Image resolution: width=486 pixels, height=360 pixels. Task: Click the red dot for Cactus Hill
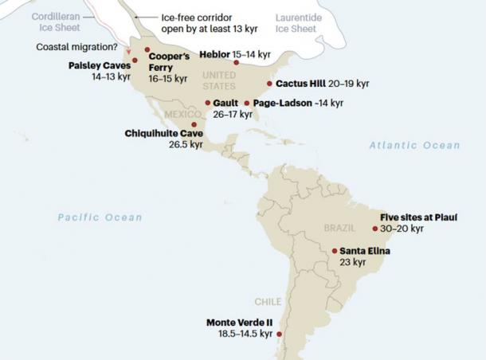click(269, 83)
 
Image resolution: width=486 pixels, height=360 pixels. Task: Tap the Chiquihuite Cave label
click(164, 133)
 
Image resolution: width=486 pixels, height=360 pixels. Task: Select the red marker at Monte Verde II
click(279, 335)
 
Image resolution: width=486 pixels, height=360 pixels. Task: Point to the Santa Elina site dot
click(334, 251)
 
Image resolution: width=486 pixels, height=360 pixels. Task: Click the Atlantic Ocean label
click(414, 145)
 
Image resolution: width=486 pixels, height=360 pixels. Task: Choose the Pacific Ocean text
click(100, 217)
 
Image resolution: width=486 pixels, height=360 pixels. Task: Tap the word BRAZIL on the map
click(339, 228)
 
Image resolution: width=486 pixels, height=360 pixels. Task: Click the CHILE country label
click(268, 302)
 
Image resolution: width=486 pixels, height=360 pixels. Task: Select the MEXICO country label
click(184, 114)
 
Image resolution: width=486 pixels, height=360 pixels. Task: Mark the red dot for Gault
click(208, 103)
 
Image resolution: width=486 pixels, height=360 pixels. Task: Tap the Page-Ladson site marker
click(247, 103)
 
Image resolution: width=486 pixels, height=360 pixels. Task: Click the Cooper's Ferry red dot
click(147, 49)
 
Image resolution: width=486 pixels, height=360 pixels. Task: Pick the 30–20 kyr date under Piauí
click(402, 229)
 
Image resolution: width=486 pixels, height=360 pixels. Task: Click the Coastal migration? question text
click(77, 46)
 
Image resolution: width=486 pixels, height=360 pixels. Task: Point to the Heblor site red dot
click(236, 62)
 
